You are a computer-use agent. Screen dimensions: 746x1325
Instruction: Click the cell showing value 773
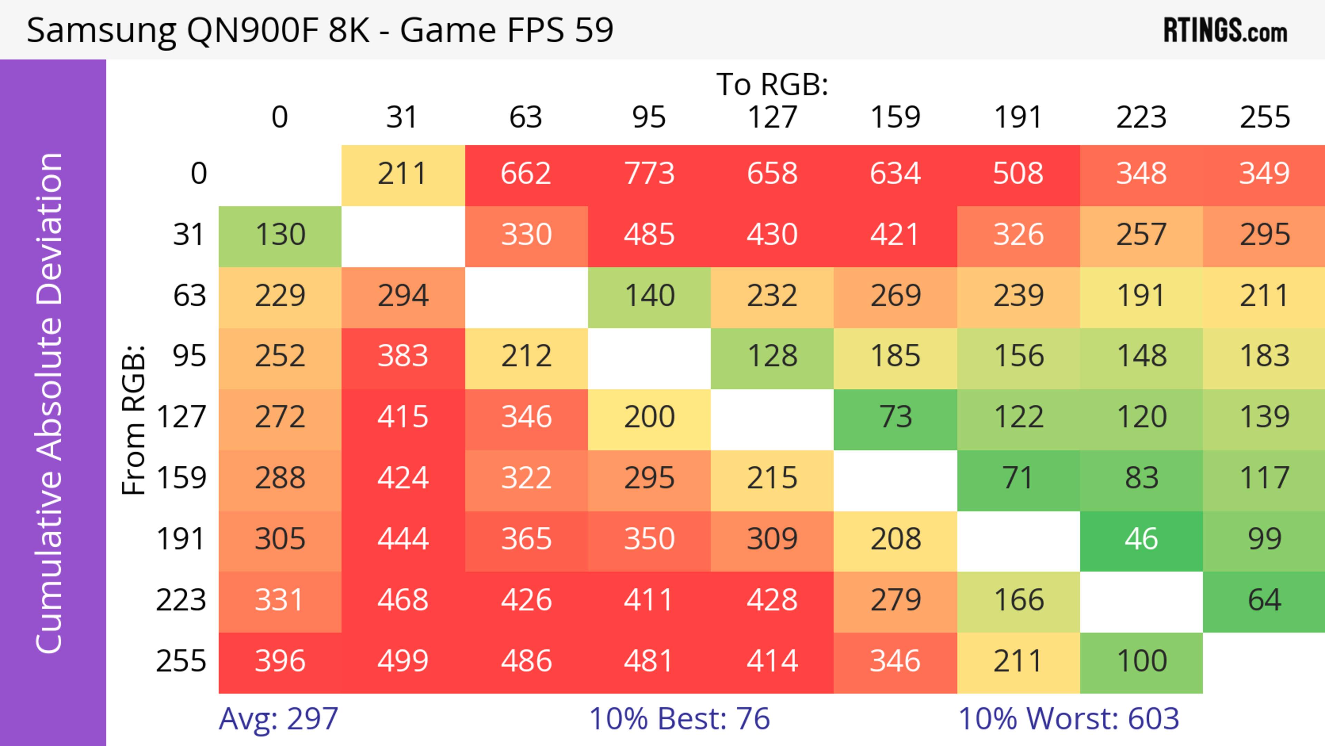649,174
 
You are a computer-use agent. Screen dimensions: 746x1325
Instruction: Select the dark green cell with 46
1141,540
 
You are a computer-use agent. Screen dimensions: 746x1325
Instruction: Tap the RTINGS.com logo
1225,31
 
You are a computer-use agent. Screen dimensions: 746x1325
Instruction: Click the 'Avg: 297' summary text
278,718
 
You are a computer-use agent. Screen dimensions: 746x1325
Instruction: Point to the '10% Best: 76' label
679,718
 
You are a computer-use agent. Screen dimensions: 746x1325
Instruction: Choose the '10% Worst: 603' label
1068,718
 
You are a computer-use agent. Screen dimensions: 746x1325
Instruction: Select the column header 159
895,117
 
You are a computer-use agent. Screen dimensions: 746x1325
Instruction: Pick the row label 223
181,600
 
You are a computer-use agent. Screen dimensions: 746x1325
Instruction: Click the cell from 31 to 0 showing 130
280,235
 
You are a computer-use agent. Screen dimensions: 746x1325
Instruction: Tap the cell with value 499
403,661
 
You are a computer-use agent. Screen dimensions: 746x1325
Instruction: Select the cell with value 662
526,174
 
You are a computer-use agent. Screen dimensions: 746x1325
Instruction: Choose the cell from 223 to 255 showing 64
1264,600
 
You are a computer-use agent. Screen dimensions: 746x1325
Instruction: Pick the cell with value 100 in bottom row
1141,661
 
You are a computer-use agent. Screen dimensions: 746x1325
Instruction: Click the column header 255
1264,117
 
